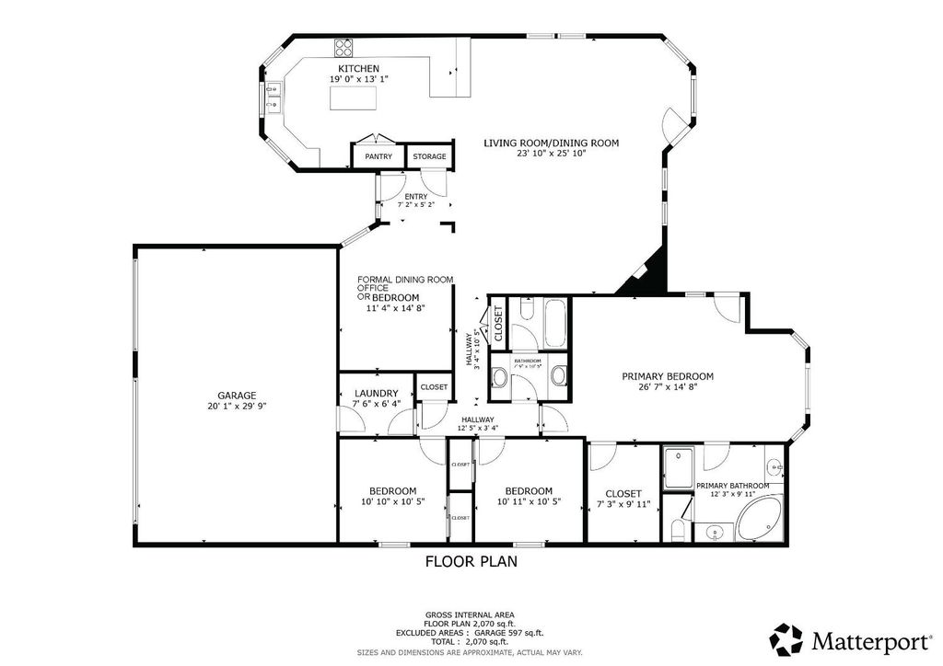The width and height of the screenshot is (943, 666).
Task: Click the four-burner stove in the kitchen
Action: pyautogui.click(x=345, y=45)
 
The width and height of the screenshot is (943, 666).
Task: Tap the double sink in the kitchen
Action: pyautogui.click(x=273, y=98)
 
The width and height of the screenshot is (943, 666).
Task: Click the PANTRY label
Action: pyautogui.click(x=378, y=156)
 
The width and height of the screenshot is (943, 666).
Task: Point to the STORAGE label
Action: pyautogui.click(x=429, y=156)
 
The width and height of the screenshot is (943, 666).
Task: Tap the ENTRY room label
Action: pyautogui.click(x=415, y=196)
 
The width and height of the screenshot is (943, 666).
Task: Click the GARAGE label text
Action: pyautogui.click(x=237, y=396)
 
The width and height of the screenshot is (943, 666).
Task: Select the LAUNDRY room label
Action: pyautogui.click(x=376, y=393)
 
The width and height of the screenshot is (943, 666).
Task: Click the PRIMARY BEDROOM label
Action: pyautogui.click(x=668, y=376)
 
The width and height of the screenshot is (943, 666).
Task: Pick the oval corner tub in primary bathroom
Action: pyautogui.click(x=761, y=516)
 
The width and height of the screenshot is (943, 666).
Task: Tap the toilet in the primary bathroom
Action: pyautogui.click(x=677, y=529)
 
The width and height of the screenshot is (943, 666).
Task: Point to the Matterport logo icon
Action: pyautogui.click(x=787, y=638)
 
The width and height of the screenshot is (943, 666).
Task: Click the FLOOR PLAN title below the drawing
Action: pyautogui.click(x=471, y=560)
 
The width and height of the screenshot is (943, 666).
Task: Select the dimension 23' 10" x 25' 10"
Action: pyautogui.click(x=552, y=154)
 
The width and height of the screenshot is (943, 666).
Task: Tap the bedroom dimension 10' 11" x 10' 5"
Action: pyautogui.click(x=529, y=502)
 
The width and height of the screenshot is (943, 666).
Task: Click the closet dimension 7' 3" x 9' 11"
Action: pyautogui.click(x=623, y=504)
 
